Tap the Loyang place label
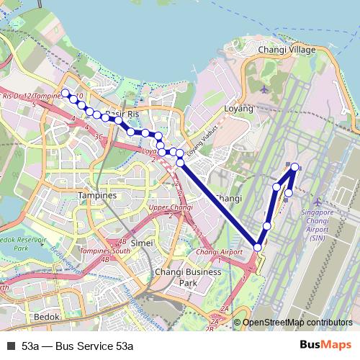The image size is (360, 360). click(240, 109)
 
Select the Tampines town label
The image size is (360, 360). click(98, 196)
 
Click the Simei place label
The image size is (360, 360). click(142, 243)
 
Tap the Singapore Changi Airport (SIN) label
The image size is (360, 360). click(317, 224)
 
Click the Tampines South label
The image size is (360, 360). click(105, 251)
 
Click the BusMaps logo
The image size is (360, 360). click(325, 346)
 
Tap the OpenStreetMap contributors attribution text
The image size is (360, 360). click(297, 323)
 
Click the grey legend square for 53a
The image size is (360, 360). click(10, 346)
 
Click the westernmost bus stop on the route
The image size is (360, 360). click(65, 93)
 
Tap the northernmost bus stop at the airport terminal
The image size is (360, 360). click(294, 167)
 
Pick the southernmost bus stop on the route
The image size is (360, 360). click(258, 248)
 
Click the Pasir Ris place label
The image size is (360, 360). click(121, 114)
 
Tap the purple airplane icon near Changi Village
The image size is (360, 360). click(264, 89)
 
